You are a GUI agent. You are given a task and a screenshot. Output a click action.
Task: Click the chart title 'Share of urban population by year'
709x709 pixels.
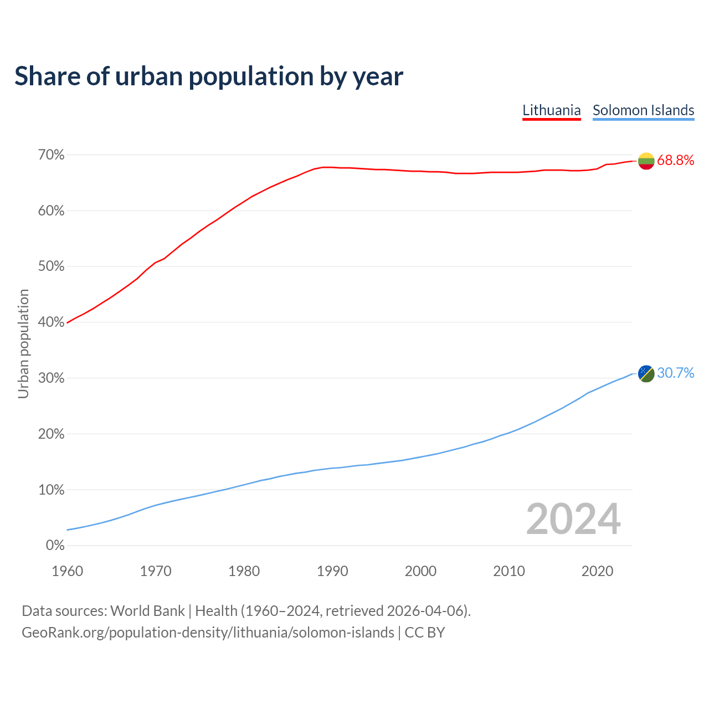pyautogui.click(x=209, y=76)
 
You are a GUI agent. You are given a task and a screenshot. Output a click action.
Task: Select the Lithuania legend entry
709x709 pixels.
pyautogui.click(x=552, y=110)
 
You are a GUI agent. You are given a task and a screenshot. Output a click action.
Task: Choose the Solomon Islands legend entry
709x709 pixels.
pyautogui.click(x=643, y=110)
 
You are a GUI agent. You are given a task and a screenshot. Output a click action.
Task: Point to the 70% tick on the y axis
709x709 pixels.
pyautogui.click(x=51, y=155)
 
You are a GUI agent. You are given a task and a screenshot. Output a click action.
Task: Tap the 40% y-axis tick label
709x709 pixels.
pyautogui.click(x=51, y=322)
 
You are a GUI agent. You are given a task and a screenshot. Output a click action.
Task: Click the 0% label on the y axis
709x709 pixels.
pyautogui.click(x=55, y=546)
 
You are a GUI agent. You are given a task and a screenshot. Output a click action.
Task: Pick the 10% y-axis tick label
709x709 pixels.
pyautogui.click(x=51, y=490)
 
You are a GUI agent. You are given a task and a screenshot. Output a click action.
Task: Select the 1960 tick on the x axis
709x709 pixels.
pyautogui.click(x=67, y=571)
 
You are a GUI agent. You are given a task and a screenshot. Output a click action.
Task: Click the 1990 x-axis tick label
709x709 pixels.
pyautogui.click(x=332, y=571)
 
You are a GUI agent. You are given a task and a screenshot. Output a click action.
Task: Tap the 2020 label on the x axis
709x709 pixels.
pyautogui.click(x=597, y=571)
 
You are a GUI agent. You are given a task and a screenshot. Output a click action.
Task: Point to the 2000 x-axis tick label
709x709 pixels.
pyautogui.click(x=420, y=571)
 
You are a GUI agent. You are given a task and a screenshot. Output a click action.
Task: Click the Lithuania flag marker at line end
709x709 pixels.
pyautogui.click(x=646, y=161)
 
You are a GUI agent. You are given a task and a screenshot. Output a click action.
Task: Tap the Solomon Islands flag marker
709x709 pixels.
pyautogui.click(x=646, y=373)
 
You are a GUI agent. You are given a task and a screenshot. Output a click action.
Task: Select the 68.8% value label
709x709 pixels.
pyautogui.click(x=675, y=161)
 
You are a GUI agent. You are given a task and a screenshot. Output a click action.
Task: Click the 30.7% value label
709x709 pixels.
pyautogui.click(x=675, y=373)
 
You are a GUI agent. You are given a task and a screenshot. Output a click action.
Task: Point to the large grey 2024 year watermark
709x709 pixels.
pyautogui.click(x=573, y=520)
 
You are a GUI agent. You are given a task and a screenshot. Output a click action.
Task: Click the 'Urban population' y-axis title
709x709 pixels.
pyautogui.click(x=23, y=343)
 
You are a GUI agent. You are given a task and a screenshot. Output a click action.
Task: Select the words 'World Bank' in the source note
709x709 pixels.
pyautogui.click(x=147, y=611)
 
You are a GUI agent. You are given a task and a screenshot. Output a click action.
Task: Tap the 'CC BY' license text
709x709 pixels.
pyautogui.click(x=425, y=633)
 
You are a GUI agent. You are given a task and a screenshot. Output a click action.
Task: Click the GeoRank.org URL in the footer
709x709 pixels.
pyautogui.click(x=208, y=633)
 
